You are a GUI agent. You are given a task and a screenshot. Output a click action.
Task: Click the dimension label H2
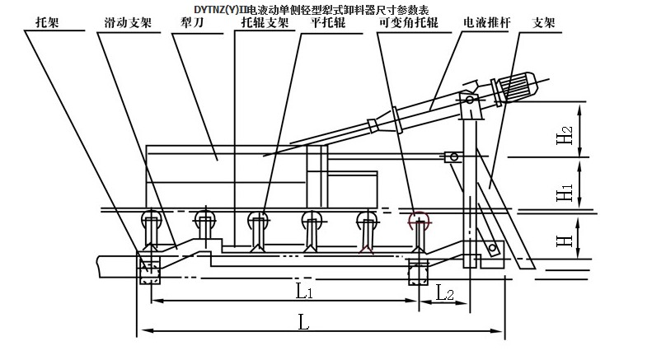point(563,135)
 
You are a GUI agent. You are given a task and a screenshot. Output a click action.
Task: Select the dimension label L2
point(444,292)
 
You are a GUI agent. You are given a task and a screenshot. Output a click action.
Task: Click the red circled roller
point(419,220)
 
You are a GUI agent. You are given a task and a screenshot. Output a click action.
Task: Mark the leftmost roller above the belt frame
point(151,220)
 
